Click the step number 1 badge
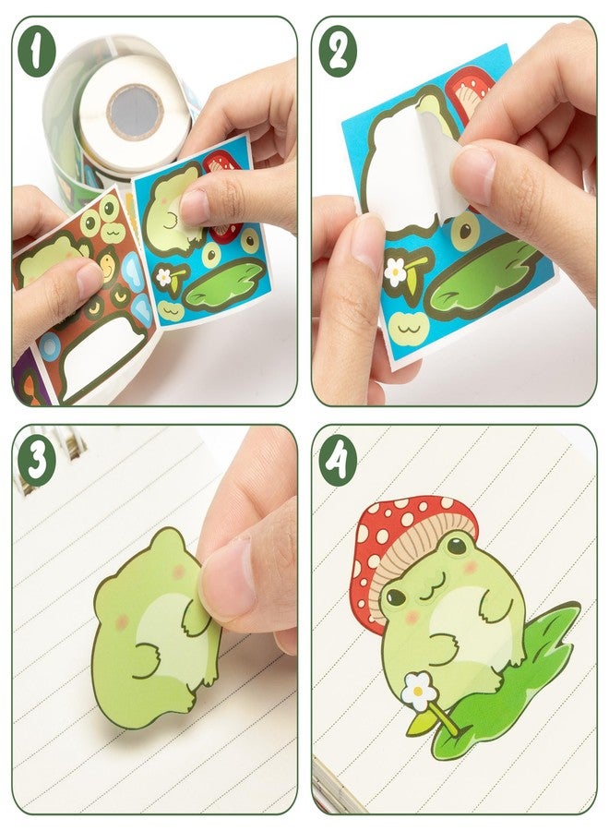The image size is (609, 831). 36,53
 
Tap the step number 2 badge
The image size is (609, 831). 338,53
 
